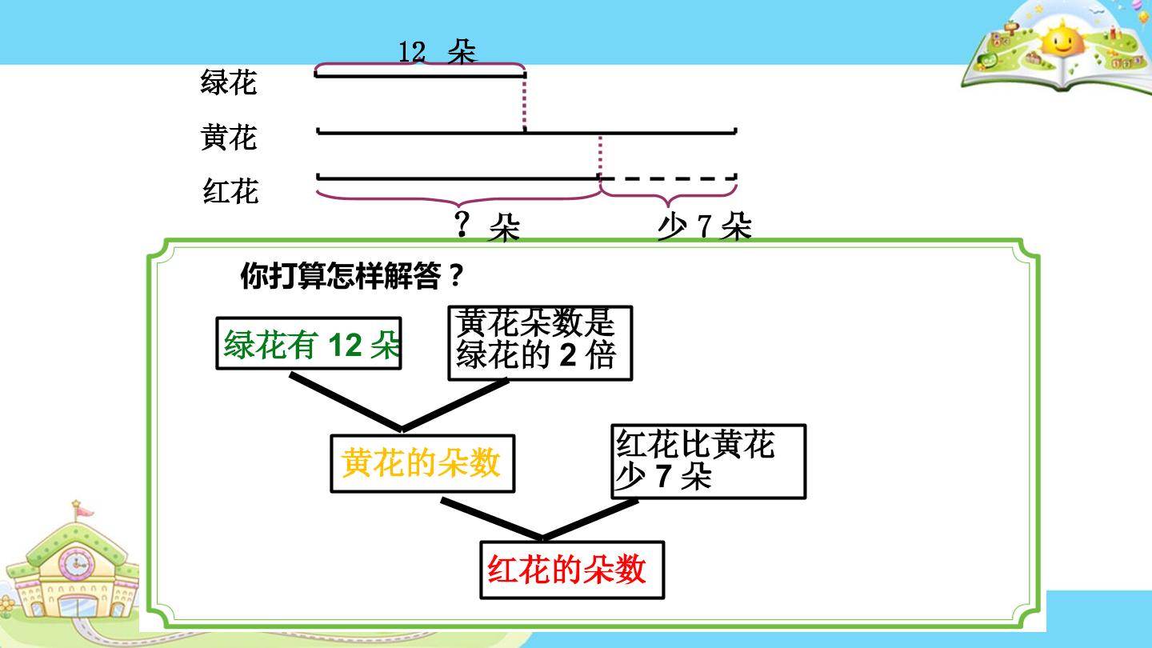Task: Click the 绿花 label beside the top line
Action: click(228, 82)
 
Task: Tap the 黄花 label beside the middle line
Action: click(228, 138)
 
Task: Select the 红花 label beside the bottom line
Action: click(230, 191)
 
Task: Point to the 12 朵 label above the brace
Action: click(438, 51)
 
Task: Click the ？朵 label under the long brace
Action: click(487, 226)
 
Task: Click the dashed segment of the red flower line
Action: click(669, 178)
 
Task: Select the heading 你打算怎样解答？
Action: click(353, 276)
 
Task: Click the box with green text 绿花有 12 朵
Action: click(309, 343)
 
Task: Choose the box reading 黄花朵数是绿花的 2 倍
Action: click(540, 343)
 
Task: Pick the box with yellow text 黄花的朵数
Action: click(422, 463)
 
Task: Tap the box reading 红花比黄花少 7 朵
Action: click(708, 462)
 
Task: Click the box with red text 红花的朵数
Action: click(572, 570)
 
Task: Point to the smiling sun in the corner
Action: click(1063, 38)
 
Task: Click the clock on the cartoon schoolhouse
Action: click(77, 563)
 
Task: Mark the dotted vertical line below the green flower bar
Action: click(525, 103)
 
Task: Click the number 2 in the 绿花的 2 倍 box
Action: click(568, 355)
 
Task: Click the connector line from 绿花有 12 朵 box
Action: click(346, 402)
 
